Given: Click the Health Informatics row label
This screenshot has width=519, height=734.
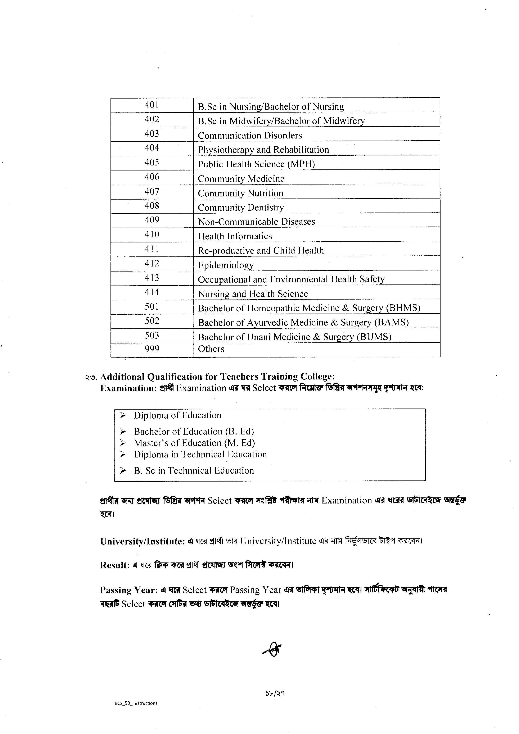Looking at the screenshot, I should point(235,236).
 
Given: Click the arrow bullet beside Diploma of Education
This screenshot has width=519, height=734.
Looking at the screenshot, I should point(123,416).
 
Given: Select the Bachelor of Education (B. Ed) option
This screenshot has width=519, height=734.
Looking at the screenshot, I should point(194,432).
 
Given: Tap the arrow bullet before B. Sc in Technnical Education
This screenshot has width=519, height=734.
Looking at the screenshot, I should point(123,471).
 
